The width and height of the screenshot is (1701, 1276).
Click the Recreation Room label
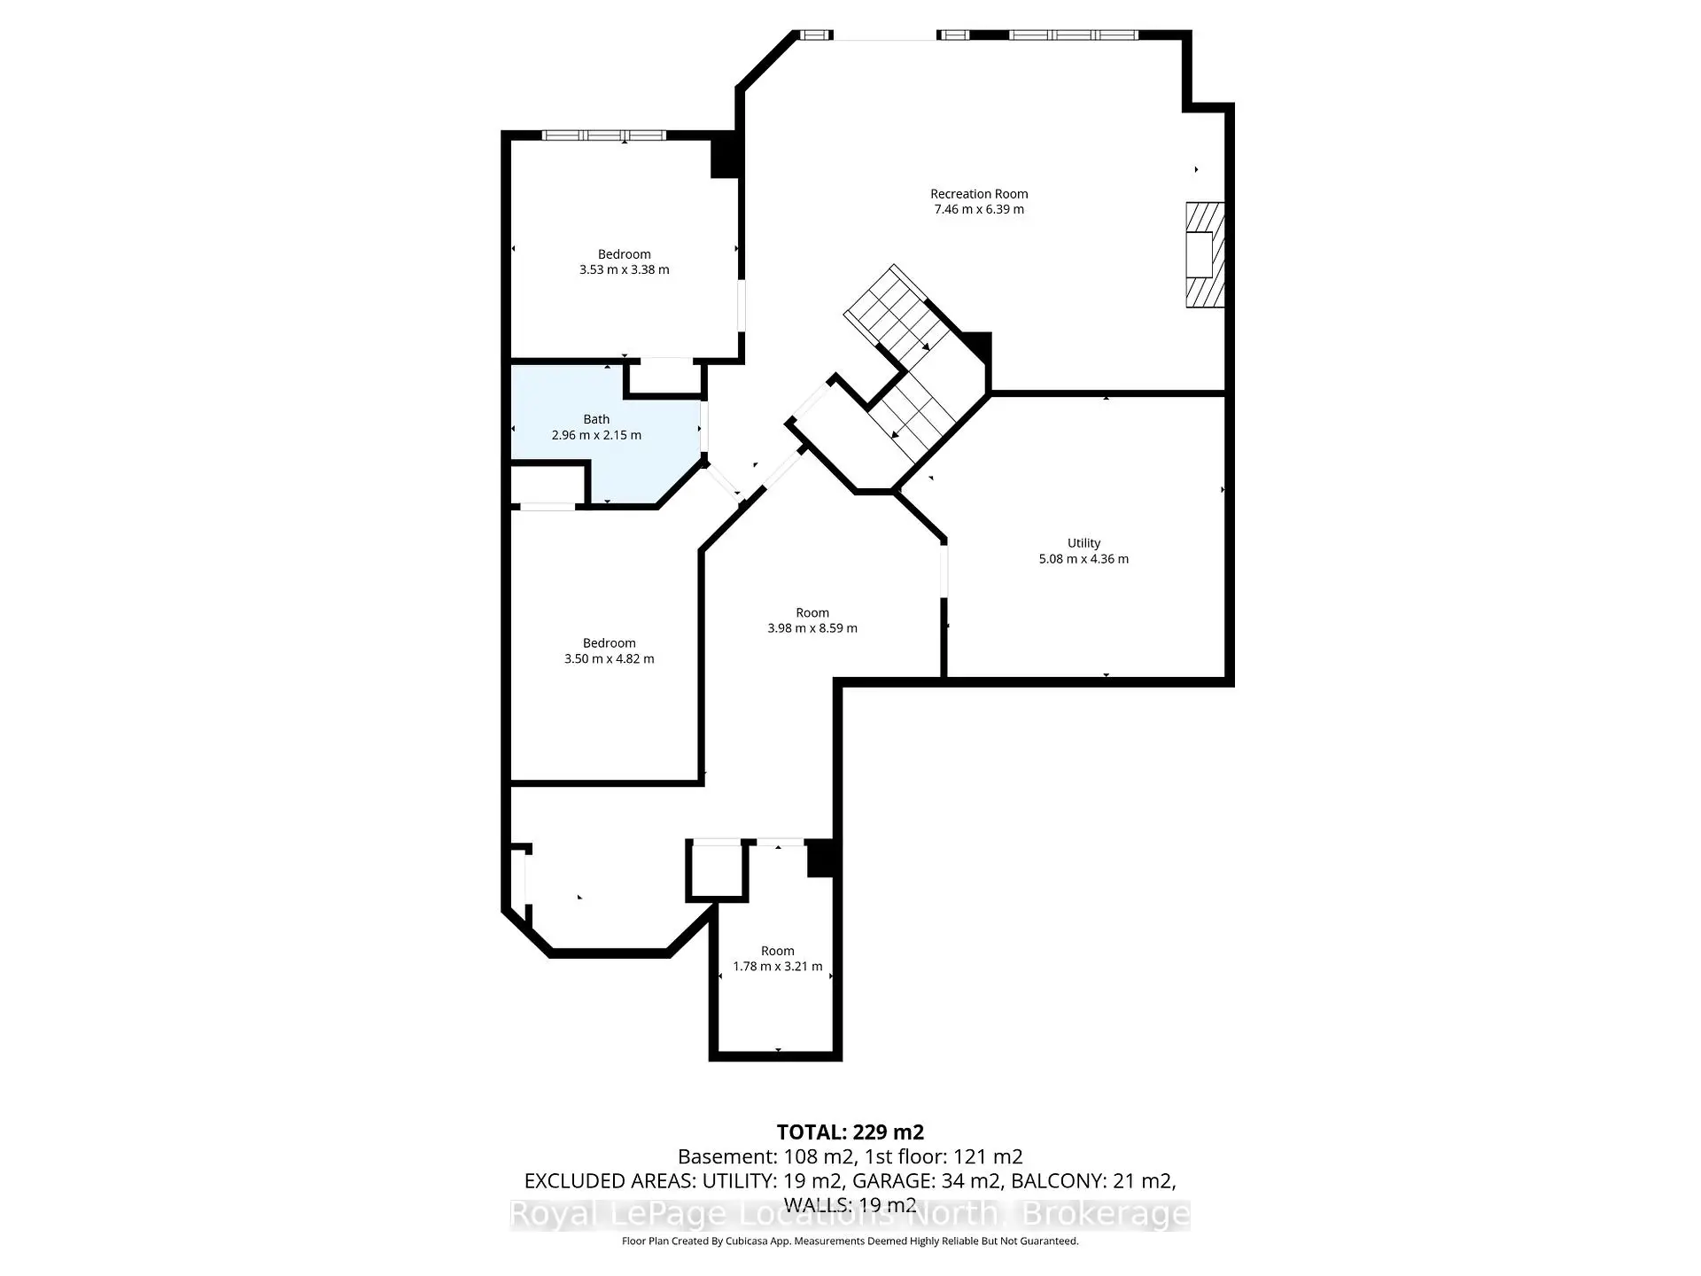click(978, 194)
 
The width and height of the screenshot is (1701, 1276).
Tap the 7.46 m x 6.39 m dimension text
click(978, 210)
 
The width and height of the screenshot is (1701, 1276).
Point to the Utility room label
click(1083, 543)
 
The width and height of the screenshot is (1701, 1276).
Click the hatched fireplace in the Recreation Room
click(1204, 255)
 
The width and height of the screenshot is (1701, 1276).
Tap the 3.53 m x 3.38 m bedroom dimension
click(624, 270)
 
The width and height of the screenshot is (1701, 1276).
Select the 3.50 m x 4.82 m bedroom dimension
click(609, 659)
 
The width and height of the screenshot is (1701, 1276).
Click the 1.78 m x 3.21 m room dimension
click(777, 967)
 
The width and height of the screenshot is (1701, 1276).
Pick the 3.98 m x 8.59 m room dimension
click(812, 628)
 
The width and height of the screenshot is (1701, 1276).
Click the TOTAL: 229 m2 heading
click(850, 1132)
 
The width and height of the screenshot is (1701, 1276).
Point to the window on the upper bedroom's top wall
click(602, 136)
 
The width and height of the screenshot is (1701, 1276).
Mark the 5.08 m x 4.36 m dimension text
click(1083, 559)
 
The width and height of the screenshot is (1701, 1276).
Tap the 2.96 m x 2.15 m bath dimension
click(595, 435)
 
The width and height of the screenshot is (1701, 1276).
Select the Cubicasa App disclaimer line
click(850, 1241)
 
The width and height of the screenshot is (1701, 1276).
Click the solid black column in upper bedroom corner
click(725, 157)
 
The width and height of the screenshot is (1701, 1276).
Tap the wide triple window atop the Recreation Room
click(1073, 35)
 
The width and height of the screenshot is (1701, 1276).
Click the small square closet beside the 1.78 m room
click(716, 871)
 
